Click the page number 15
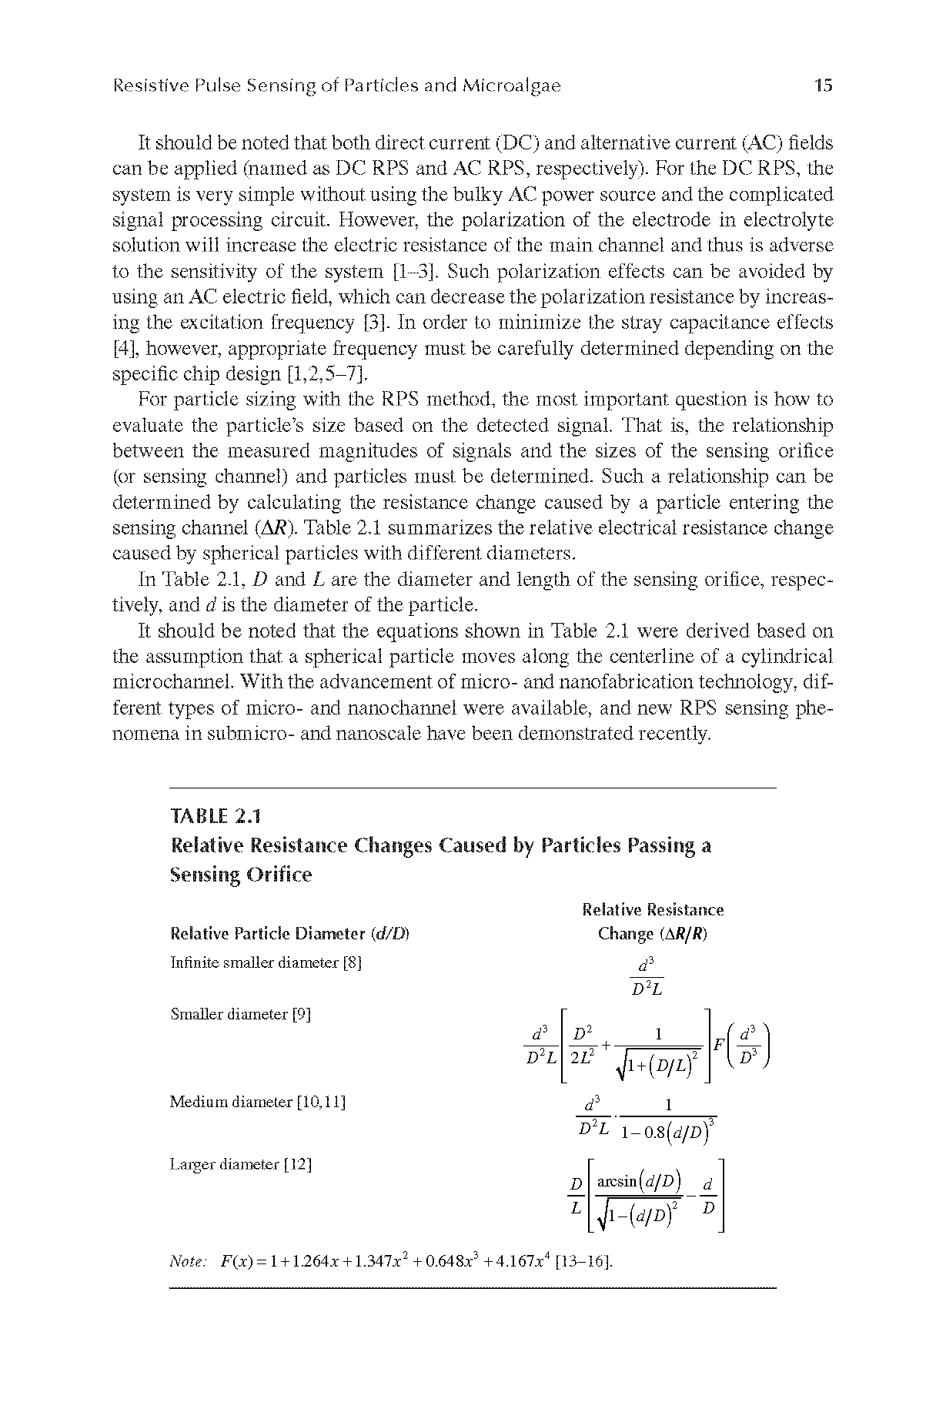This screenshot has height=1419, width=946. [823, 85]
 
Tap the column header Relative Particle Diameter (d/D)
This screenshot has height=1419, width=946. [289, 934]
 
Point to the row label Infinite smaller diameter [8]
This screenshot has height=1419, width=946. [266, 962]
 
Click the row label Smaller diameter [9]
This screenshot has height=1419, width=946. [240, 1014]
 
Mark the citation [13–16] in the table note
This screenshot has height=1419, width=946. [607, 1263]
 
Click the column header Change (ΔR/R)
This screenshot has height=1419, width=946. [652, 934]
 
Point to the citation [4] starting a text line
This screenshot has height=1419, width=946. [124, 349]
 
